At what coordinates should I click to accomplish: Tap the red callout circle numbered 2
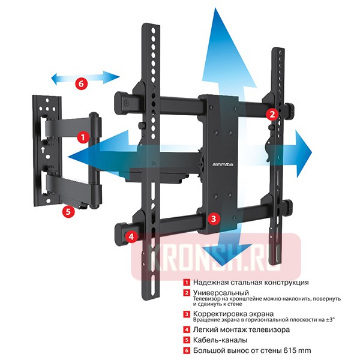pos(272,113)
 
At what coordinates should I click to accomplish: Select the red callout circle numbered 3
pos(213,219)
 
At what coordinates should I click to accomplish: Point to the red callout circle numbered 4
pos(131,236)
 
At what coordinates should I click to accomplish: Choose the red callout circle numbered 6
pos(80,83)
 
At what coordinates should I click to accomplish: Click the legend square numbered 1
pos(187,282)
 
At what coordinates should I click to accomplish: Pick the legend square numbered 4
pos(187,329)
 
